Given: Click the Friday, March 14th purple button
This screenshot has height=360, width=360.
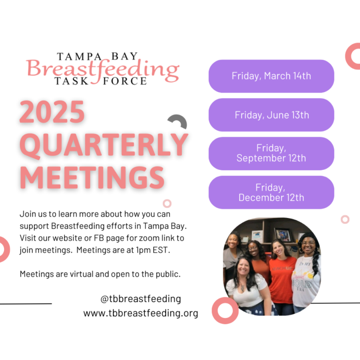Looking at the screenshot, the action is click(x=271, y=76).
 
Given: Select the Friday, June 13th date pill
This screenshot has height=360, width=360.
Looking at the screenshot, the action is click(x=271, y=115).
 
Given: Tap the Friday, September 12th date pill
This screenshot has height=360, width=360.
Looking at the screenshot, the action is click(x=271, y=154).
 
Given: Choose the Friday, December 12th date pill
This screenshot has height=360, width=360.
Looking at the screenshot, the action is click(x=271, y=192).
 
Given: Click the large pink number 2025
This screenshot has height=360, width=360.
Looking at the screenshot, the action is click(x=52, y=112).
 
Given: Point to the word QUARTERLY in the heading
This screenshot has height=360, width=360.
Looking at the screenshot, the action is click(x=104, y=145).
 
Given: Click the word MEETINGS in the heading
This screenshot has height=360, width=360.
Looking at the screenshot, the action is click(x=92, y=178).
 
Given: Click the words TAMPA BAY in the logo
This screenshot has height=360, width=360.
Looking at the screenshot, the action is click(x=97, y=56).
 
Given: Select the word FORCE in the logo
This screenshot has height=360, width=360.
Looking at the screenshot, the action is click(x=125, y=81).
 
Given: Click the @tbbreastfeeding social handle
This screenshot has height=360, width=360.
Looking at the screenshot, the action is click(x=140, y=299).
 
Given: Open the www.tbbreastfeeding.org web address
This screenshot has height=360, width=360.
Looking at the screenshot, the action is click(x=140, y=313).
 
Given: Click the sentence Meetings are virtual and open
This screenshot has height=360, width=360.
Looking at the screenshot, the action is click(x=100, y=274).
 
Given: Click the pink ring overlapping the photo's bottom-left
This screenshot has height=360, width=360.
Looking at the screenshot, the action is click(x=225, y=311).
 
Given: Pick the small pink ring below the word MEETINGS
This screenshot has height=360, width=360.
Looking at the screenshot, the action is click(x=167, y=204).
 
